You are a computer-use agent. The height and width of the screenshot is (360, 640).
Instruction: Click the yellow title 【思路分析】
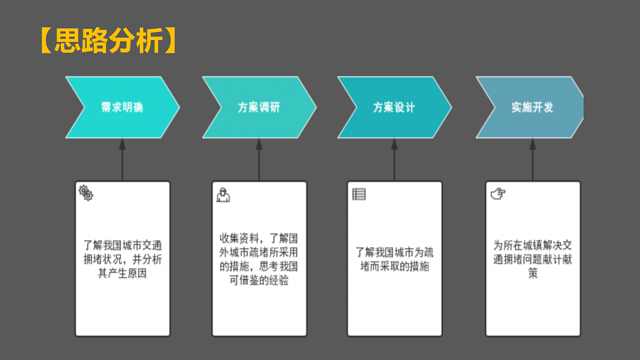108,41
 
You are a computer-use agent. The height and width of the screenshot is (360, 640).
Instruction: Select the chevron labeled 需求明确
123,107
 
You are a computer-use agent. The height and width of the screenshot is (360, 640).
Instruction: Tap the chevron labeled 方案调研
259,107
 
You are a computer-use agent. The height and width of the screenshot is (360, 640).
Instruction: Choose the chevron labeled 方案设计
395,107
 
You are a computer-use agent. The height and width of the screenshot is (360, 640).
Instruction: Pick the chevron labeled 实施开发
531,107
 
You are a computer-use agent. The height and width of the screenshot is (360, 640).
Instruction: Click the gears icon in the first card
86,193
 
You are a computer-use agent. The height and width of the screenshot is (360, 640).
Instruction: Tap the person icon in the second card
223,195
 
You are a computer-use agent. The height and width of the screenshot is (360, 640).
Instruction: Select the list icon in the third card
359,194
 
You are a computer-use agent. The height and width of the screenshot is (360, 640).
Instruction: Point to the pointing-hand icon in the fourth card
498,194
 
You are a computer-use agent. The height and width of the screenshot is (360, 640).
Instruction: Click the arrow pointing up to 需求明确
122,159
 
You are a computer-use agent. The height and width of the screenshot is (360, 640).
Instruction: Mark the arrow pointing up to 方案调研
259,159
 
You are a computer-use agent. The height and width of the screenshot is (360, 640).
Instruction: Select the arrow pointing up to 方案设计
394,159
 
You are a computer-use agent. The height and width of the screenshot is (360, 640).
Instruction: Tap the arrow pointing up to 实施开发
533,159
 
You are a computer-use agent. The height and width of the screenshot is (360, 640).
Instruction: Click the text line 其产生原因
122,274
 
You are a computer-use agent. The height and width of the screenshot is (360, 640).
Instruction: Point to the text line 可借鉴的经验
259,281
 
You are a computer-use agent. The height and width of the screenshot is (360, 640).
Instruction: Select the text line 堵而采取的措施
395,266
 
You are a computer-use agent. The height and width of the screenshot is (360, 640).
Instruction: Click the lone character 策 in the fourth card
533,274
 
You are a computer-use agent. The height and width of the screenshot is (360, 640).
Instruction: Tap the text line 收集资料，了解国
259,238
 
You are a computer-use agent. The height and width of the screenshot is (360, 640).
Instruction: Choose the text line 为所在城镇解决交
533,245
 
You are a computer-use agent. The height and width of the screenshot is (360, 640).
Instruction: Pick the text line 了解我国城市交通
123,245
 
